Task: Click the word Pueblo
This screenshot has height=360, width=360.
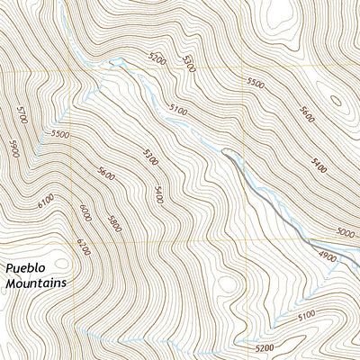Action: (26, 267)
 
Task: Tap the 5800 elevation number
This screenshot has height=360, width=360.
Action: (113, 224)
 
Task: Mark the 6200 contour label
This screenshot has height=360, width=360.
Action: (84, 242)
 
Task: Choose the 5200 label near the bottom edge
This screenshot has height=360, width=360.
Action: (265, 347)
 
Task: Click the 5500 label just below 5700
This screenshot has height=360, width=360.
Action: (60, 134)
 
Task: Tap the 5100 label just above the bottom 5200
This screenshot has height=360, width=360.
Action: (306, 315)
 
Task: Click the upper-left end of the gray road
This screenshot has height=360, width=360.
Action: (225, 154)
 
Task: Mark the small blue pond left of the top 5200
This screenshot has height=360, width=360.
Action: (114, 62)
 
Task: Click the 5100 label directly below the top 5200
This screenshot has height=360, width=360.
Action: (176, 109)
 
